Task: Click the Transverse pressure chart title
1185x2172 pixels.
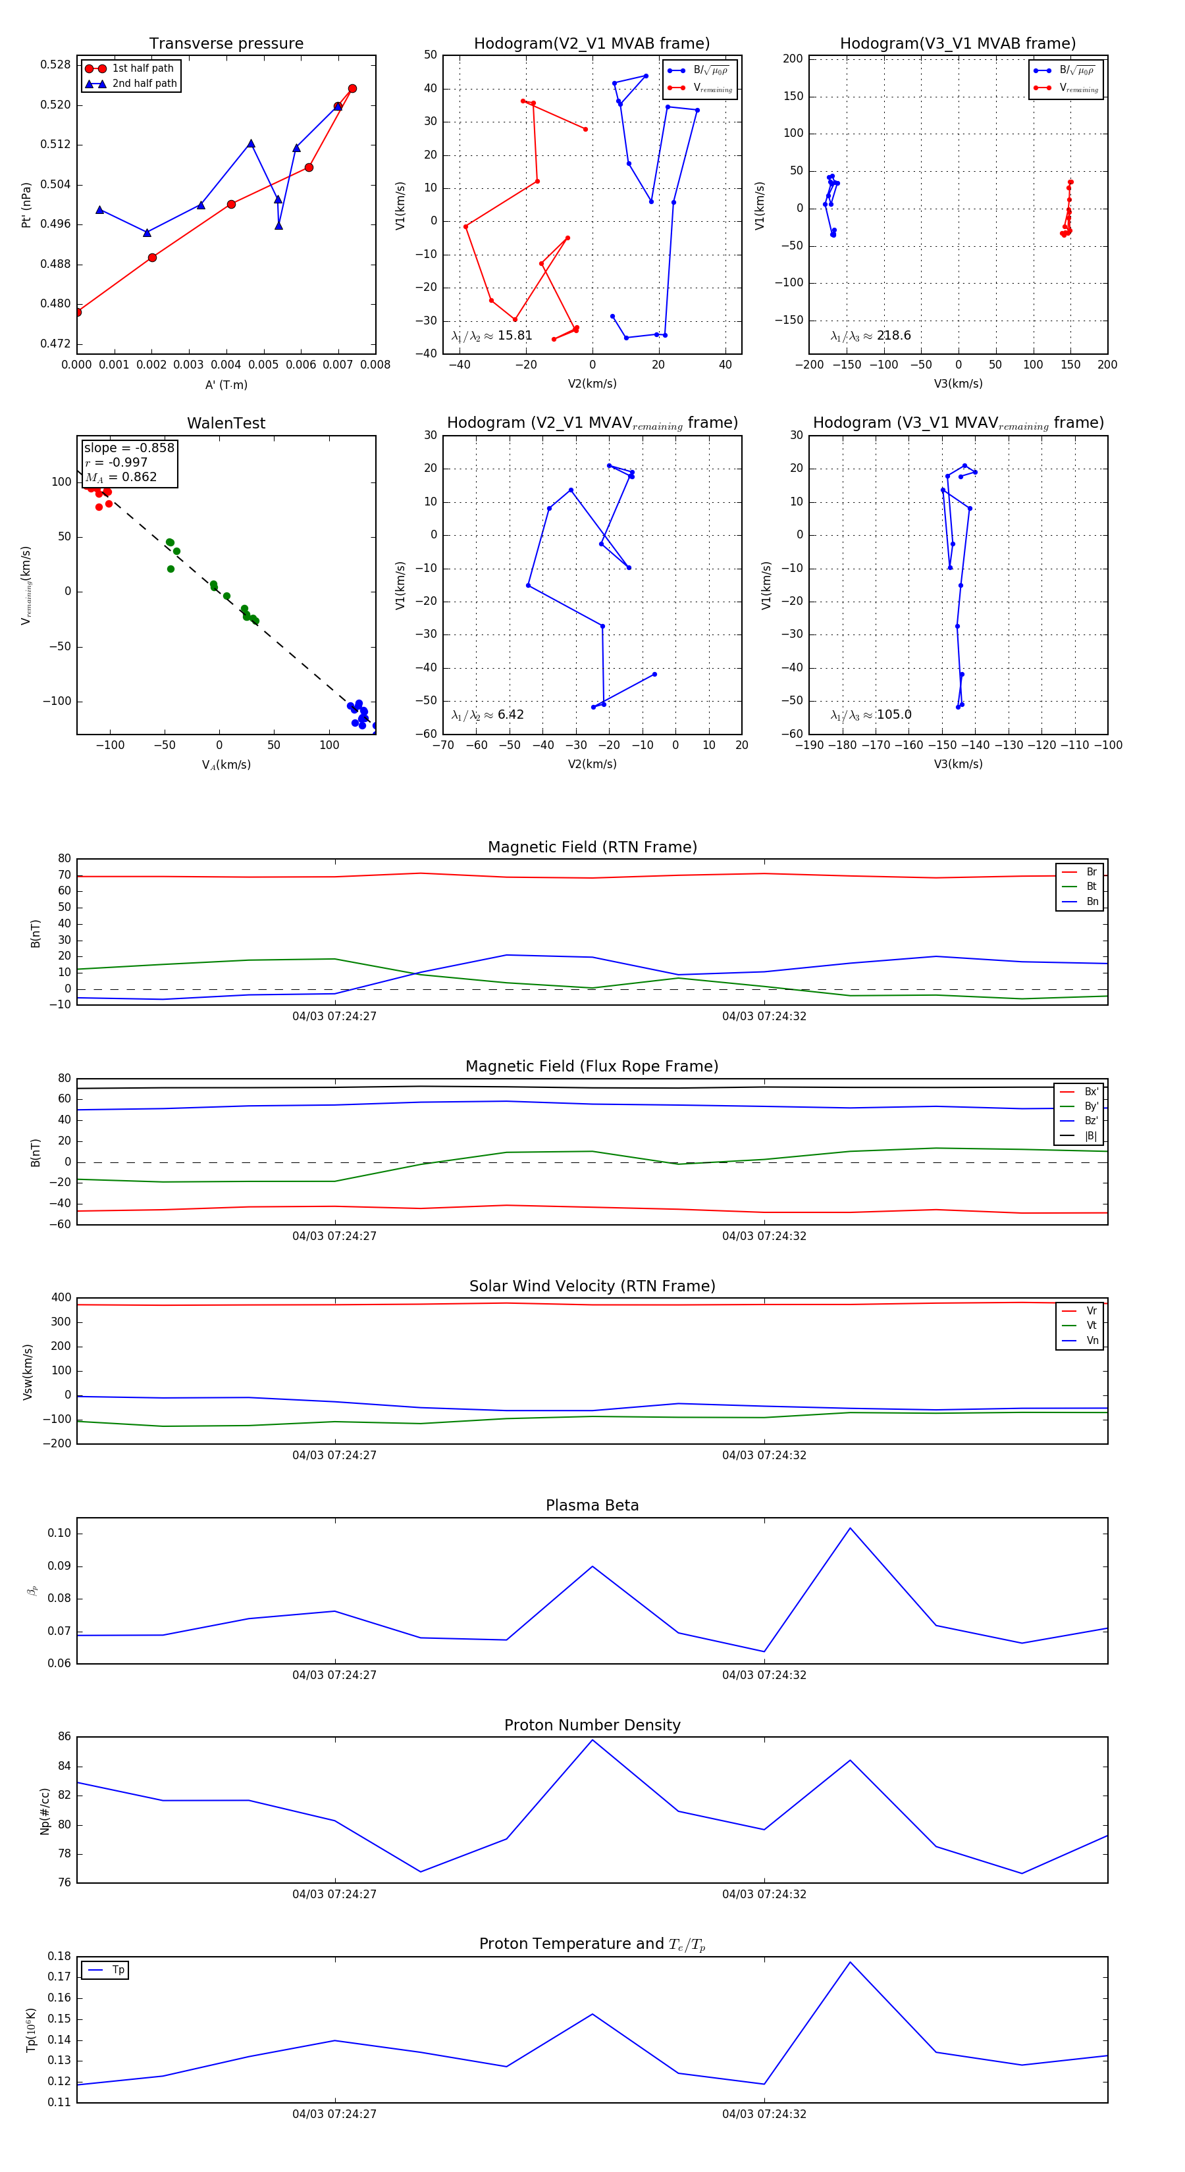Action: click(226, 44)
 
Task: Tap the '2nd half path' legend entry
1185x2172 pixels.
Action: click(144, 84)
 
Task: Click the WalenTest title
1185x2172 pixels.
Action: click(226, 423)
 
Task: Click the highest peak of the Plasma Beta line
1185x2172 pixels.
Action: click(849, 1528)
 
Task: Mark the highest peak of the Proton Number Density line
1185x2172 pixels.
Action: click(592, 1740)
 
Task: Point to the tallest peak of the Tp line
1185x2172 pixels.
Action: click(850, 1962)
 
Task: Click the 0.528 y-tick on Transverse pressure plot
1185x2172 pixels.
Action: click(56, 65)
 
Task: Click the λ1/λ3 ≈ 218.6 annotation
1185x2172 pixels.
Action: click(870, 336)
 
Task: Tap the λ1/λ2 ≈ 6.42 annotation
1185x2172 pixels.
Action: click(487, 715)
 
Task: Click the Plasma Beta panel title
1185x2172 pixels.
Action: click(592, 1505)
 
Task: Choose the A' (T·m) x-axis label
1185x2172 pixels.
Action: click(226, 384)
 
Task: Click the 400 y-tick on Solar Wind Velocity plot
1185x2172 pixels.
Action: click(62, 1298)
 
